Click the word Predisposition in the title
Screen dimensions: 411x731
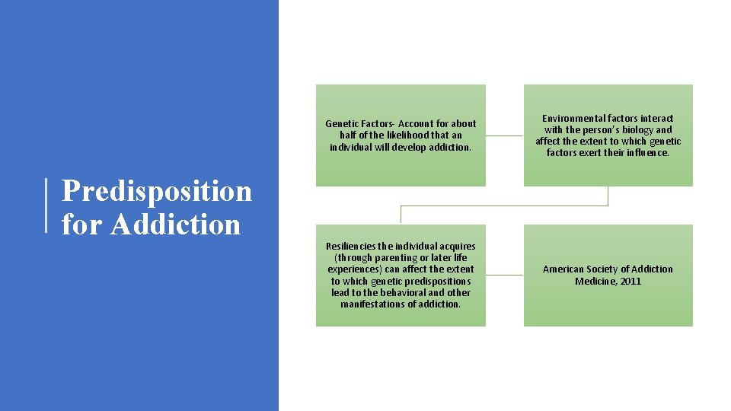coord(156,191)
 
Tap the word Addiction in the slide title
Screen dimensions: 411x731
coord(175,225)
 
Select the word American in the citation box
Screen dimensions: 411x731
coord(563,269)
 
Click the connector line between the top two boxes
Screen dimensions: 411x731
coord(504,135)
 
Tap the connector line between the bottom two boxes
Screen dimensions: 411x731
coord(504,275)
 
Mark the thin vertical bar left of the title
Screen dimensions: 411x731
coord(46,205)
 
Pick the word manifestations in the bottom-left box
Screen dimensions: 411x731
coord(373,304)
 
